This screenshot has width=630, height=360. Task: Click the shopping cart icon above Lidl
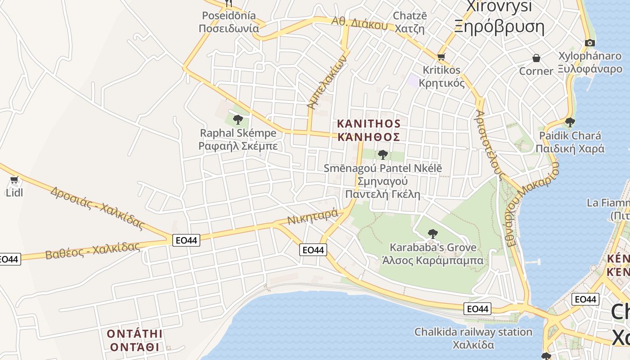coord(14,180)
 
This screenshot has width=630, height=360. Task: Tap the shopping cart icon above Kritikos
coord(441,57)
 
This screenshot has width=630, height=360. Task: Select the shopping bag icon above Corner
coord(536,58)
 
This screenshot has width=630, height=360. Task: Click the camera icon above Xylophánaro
coord(589,43)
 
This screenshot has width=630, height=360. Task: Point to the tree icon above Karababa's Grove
coord(432,234)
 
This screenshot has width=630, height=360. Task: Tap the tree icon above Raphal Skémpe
coord(238,120)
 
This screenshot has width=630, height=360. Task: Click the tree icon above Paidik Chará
coord(570,122)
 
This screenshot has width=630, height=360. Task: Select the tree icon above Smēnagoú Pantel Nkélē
coord(383,155)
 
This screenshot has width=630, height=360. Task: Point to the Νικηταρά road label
coord(313,218)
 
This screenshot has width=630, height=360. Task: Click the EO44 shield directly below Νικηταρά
coord(313,250)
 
